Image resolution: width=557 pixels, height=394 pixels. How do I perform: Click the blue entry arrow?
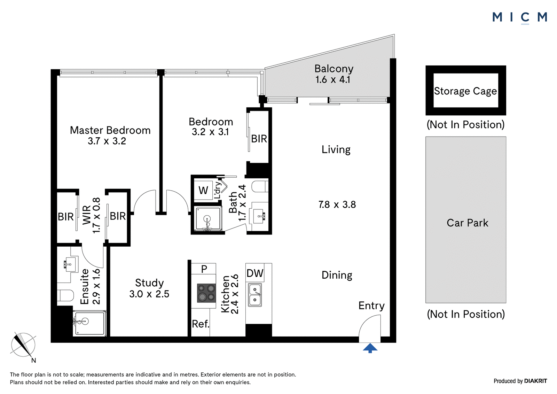coord(370,348)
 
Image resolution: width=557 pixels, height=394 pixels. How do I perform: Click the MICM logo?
coord(520,18)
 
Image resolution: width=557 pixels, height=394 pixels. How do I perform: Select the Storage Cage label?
coord(465,91)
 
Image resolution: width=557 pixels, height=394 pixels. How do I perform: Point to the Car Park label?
coord(468,223)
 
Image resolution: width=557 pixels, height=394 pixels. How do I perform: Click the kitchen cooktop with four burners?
coord(206,293)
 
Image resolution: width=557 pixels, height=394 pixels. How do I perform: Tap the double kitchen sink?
coord(255,295)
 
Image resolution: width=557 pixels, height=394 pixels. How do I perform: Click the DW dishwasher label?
coord(255,273)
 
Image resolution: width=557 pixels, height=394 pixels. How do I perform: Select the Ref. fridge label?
coord(201,324)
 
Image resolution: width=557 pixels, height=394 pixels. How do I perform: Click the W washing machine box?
coord(203,191)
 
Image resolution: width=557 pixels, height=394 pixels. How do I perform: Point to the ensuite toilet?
coord(65,296)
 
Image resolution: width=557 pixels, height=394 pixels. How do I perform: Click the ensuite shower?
coord(89,323)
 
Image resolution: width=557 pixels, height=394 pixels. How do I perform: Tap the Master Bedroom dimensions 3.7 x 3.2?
coord(107,141)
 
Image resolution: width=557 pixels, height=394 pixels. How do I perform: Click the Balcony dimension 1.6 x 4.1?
coord(333,80)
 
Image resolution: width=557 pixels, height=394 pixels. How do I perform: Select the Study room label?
coord(149,283)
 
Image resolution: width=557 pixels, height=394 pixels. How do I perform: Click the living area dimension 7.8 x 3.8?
coord(337,204)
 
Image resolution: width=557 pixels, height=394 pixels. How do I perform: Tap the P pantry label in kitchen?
coord(204,269)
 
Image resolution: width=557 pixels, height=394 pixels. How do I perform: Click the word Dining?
coord(337,275)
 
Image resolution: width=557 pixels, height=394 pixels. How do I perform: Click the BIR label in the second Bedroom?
coord(259,139)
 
